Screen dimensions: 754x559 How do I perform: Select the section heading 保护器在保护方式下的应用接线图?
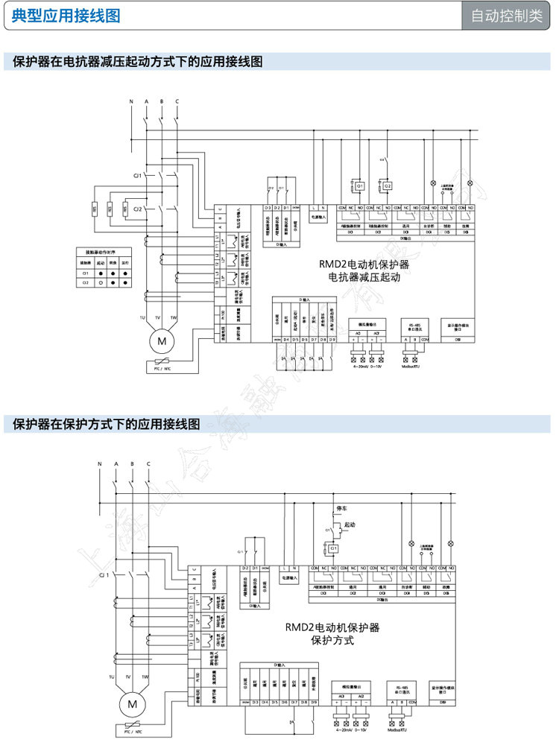click(x=107, y=425)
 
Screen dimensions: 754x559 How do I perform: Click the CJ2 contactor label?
click(x=138, y=210)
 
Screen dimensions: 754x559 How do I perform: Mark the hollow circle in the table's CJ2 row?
click(x=101, y=283)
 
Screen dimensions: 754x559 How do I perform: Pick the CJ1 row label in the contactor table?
click(x=85, y=273)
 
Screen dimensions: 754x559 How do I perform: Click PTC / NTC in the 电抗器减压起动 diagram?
click(x=162, y=368)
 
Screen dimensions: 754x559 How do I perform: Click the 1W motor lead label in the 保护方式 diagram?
click(x=145, y=677)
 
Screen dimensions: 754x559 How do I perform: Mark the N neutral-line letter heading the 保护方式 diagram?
click(x=100, y=464)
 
